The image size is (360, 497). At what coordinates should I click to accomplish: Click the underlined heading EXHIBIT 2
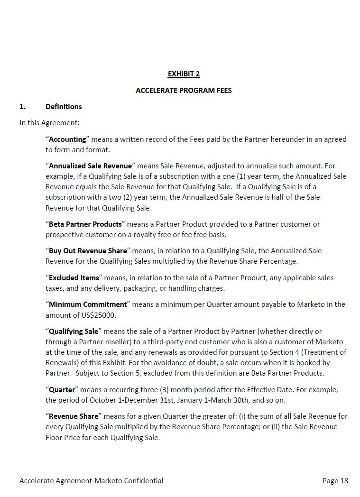(x=184, y=74)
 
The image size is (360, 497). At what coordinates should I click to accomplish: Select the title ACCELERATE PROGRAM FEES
(x=184, y=90)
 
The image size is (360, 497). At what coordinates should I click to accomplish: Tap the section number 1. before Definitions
(x=23, y=107)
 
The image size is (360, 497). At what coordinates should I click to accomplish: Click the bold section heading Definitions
(x=64, y=107)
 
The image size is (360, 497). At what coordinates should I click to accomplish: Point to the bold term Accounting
(x=67, y=139)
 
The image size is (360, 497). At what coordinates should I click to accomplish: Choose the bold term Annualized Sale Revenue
(x=90, y=166)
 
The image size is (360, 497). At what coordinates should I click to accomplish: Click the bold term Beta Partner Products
(x=85, y=224)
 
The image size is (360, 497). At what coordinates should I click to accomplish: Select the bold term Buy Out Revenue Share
(x=88, y=251)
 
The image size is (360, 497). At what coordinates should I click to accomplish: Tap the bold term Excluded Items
(x=74, y=278)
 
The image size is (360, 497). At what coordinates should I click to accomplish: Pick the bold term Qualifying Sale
(x=74, y=331)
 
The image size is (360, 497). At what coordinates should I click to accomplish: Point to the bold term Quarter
(x=62, y=390)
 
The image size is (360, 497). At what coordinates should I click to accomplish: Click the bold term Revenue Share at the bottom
(x=74, y=416)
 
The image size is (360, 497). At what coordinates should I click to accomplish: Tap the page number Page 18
(x=335, y=481)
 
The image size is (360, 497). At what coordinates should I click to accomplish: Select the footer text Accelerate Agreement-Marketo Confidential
(x=92, y=481)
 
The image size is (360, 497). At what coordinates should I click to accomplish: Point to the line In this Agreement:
(x=49, y=123)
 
